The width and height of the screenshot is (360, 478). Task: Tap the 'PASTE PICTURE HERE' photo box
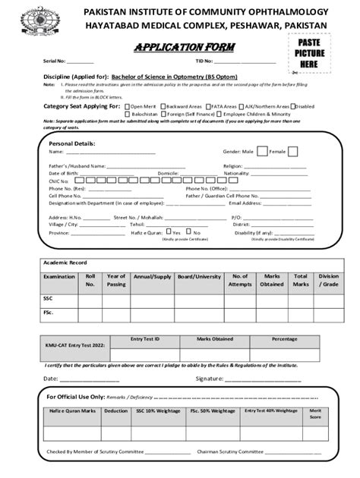(308, 56)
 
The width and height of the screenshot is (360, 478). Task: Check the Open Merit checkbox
(127, 107)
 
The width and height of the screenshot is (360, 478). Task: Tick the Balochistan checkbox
(127, 114)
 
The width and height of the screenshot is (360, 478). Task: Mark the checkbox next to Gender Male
(261, 152)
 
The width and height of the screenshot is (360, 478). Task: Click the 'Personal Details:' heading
(72, 143)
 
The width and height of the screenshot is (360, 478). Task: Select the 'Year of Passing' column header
(116, 281)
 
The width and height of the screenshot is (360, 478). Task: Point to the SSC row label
(48, 299)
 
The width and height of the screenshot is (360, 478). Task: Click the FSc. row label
(48, 313)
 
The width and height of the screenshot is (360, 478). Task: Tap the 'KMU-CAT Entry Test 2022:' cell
(76, 346)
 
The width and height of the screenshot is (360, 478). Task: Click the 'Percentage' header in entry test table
(285, 339)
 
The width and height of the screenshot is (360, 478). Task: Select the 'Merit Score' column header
(315, 414)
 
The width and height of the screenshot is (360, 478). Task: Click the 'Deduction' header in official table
(115, 410)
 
